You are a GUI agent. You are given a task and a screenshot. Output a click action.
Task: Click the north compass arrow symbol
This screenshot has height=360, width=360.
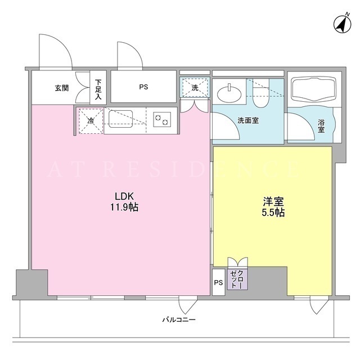342,25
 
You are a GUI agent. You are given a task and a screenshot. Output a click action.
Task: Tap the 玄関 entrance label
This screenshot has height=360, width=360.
62,88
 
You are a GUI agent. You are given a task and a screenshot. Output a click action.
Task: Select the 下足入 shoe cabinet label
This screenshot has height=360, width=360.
98,89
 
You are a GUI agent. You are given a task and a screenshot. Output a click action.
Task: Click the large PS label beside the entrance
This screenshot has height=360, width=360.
143,87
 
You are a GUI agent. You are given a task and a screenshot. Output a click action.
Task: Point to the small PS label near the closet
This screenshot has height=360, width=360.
218,282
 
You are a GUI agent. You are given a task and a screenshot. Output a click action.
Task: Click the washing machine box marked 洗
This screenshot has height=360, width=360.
195,88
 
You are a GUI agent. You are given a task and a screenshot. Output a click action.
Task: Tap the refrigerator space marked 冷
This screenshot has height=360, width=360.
91,121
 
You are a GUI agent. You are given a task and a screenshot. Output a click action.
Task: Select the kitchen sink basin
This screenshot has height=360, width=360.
120,119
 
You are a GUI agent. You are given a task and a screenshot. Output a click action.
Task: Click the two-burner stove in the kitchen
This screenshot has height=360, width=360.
162,120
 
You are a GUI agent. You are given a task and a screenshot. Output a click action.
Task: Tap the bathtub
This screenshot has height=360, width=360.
314,89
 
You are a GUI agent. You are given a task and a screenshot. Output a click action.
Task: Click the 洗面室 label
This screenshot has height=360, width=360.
248,120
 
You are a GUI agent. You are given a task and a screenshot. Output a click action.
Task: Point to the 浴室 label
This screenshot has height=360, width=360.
321,126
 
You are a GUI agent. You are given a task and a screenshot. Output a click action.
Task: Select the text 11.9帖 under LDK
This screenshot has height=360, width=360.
124,208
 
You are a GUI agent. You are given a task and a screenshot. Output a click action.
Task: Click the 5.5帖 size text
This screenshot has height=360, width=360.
273,213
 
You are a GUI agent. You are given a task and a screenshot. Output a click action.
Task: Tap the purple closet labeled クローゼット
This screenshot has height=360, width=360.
237,279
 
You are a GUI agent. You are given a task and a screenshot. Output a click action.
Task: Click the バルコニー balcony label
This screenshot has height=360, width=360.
179,319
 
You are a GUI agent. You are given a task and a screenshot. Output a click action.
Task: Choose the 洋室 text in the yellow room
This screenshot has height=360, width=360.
273,202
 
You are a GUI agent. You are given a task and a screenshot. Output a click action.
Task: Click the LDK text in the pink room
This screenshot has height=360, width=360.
124,196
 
